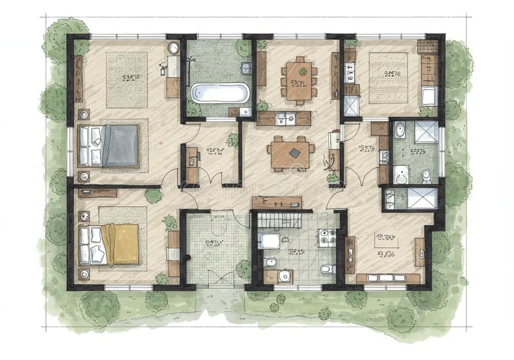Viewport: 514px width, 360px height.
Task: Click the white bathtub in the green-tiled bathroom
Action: pyautogui.click(x=219, y=93)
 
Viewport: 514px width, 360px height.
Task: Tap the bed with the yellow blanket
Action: pyautogui.click(x=109, y=244)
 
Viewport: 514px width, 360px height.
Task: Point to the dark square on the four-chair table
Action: pyautogui.click(x=294, y=152)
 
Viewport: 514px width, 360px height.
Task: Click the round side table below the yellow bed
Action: pyautogui.click(x=84, y=274)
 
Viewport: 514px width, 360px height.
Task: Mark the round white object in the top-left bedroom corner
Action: pyautogui.click(x=173, y=48)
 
